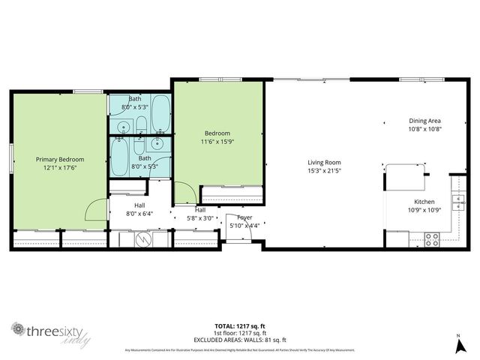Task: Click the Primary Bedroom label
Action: point(61,159)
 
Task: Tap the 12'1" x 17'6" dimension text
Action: point(61,167)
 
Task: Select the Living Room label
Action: point(324,162)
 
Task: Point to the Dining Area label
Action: point(424,121)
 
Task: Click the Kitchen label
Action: point(424,202)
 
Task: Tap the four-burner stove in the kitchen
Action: point(432,240)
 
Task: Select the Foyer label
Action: point(244,217)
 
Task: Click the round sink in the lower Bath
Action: point(158,141)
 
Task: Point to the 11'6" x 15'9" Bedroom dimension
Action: point(217,141)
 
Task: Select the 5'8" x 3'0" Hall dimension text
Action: point(200,218)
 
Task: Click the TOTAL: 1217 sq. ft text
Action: point(239,326)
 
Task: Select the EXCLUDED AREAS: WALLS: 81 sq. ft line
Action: point(239,339)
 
